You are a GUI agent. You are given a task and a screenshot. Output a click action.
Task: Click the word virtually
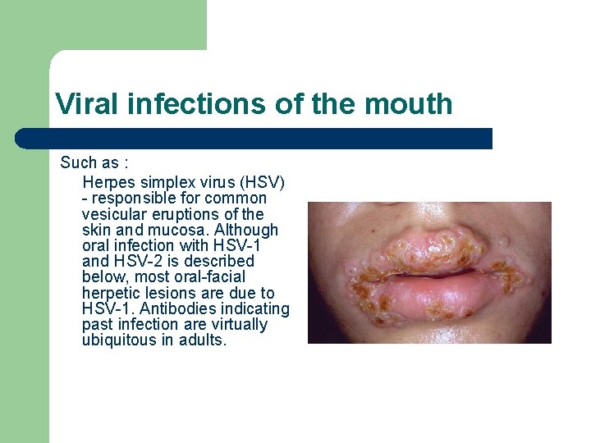click(x=239, y=325)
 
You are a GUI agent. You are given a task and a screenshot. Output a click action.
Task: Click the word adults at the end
click(x=204, y=340)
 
